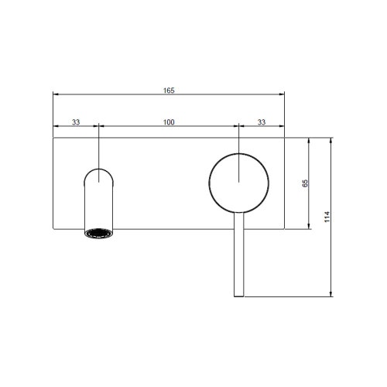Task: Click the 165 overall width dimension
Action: tap(170, 91)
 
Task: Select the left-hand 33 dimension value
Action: tap(76, 122)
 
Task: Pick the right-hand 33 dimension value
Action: tap(262, 122)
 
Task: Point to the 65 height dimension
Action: tap(305, 183)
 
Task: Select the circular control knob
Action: tap(240, 182)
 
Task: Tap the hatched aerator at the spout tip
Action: tap(99, 233)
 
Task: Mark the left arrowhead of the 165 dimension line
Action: tap(54, 96)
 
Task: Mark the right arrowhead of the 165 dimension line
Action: tap(283, 96)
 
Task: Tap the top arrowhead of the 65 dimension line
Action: tap(310, 140)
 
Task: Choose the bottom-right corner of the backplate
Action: tap(286, 229)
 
